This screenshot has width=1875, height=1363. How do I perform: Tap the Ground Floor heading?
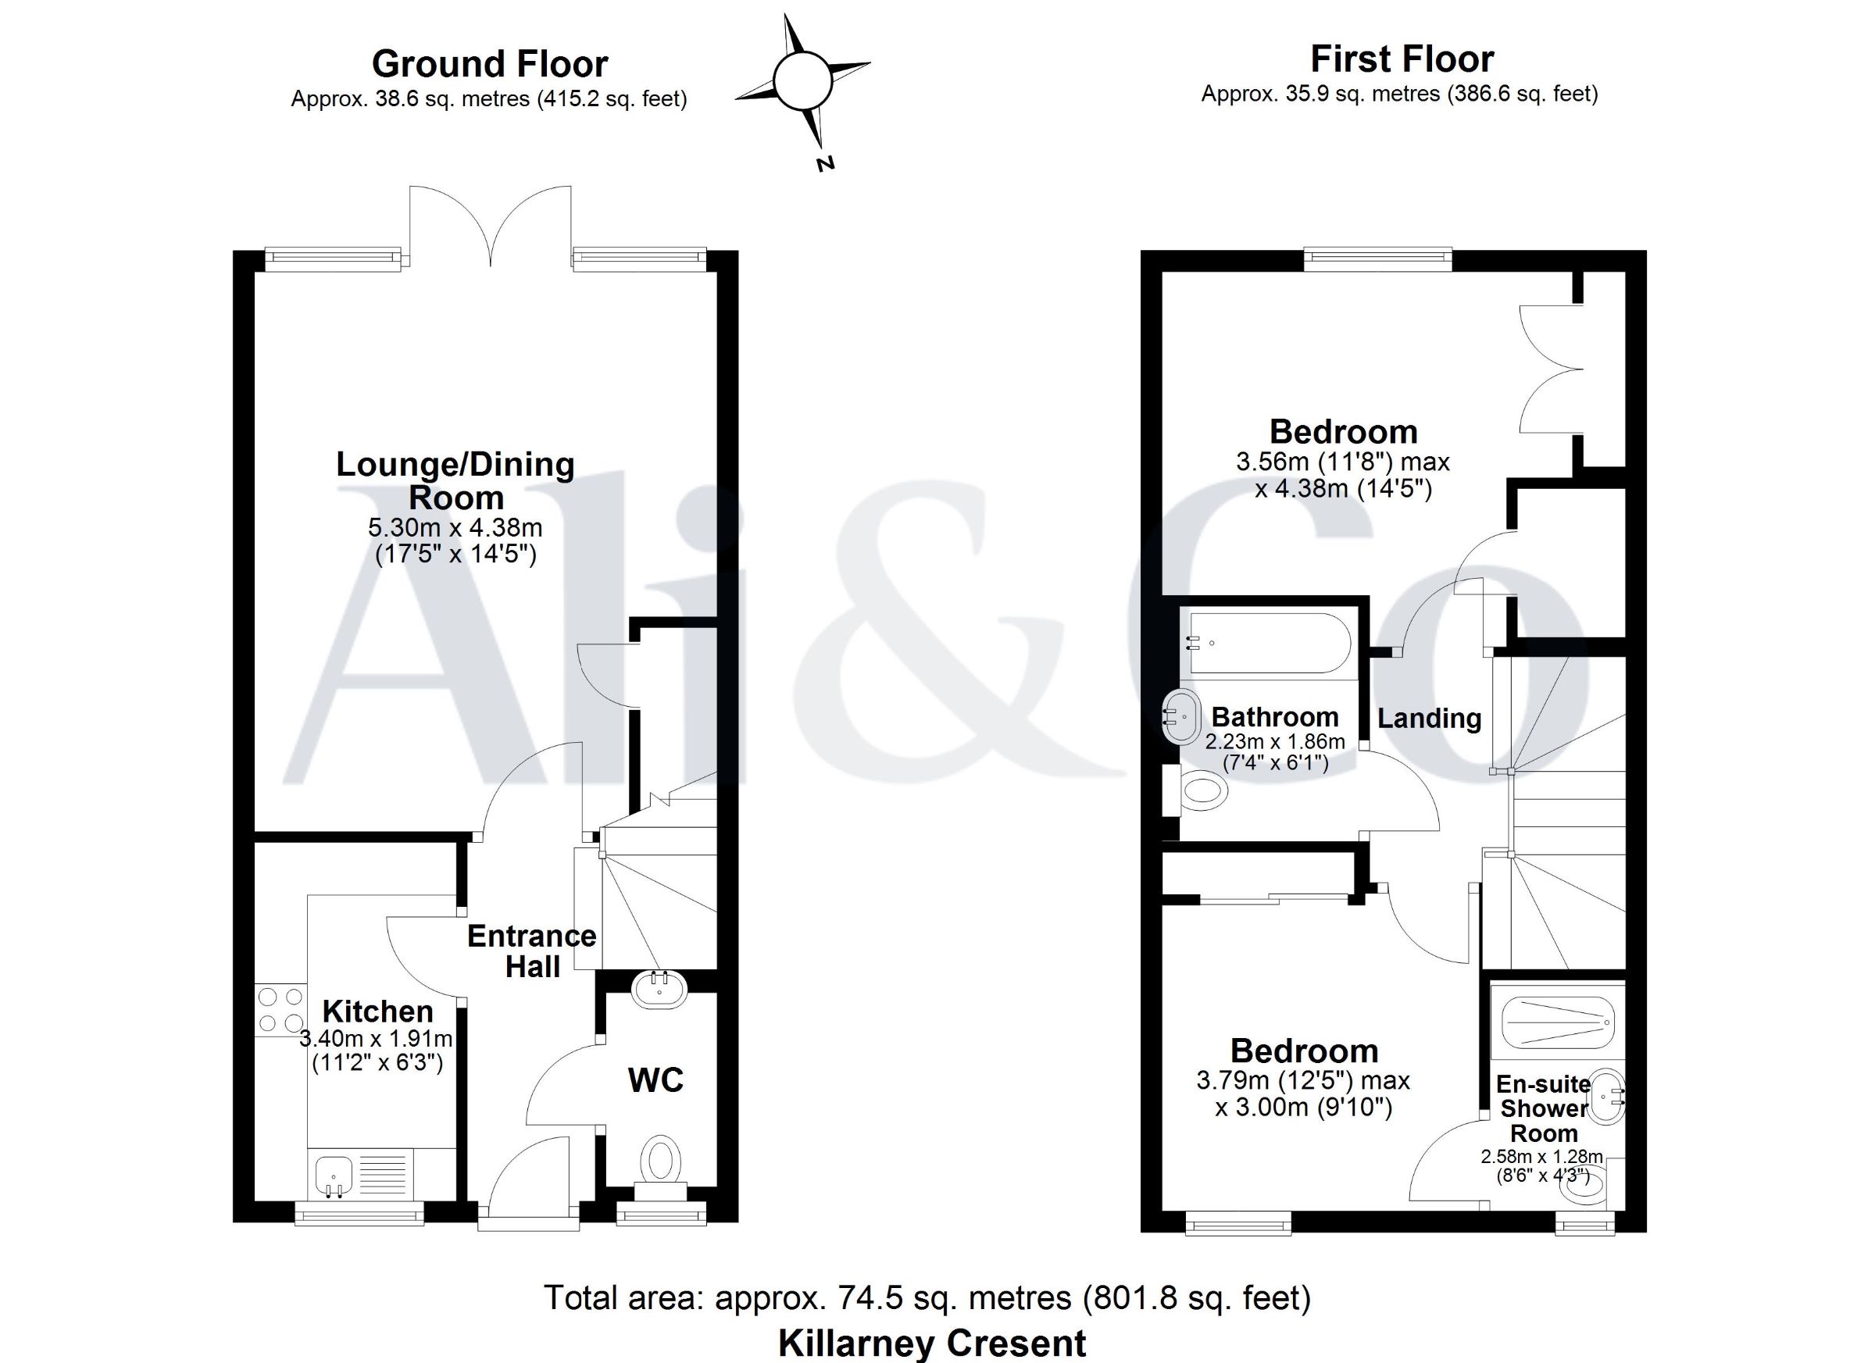pyautogui.click(x=489, y=63)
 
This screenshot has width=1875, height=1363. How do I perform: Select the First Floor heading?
pyautogui.click(x=1402, y=59)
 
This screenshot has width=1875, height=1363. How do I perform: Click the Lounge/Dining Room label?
pyautogui.click(x=455, y=480)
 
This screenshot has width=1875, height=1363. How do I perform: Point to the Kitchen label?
pyautogui.click(x=378, y=1011)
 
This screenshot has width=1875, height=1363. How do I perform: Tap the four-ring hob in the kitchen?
pyautogui.click(x=280, y=1010)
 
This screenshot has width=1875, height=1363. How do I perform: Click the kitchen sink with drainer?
pyautogui.click(x=361, y=1173)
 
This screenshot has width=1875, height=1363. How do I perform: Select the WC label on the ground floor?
pyautogui.click(x=655, y=1080)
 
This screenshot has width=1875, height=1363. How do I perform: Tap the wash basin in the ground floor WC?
pyautogui.click(x=659, y=990)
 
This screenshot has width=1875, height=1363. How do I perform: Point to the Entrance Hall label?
pyautogui.click(x=531, y=951)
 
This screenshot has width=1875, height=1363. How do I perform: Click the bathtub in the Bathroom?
pyautogui.click(x=1269, y=644)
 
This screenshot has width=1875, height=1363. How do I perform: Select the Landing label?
pyautogui.click(x=1429, y=718)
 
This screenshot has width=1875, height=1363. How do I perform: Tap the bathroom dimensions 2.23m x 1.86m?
pyautogui.click(x=1275, y=741)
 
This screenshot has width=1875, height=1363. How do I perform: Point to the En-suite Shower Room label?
pyautogui.click(x=1544, y=1108)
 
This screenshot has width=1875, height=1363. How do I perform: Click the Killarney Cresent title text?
pyautogui.click(x=932, y=1343)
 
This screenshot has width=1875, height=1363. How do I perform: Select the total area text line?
pyautogui.click(x=927, y=1297)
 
